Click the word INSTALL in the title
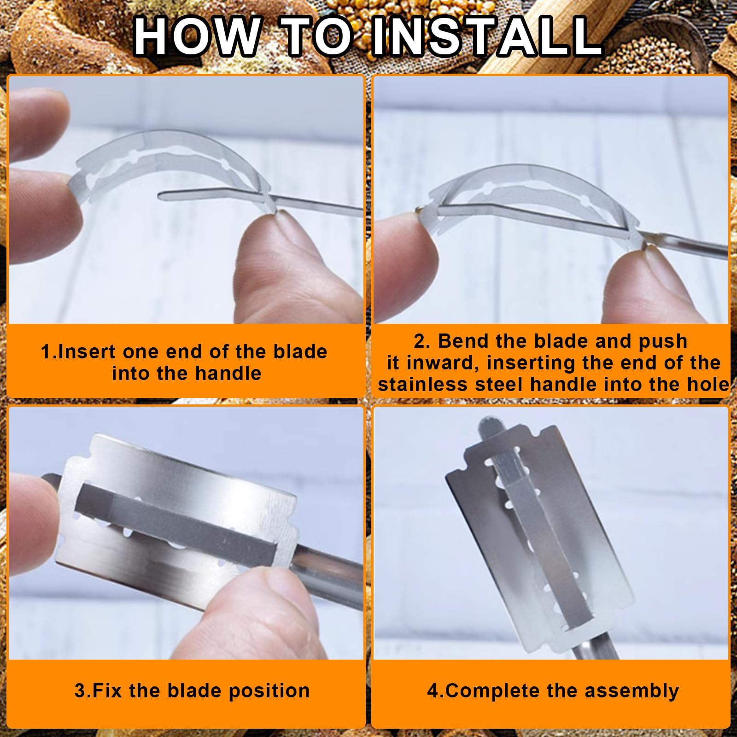point(487,36)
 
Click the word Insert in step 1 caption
point(86,352)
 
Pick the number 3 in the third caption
point(80,691)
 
